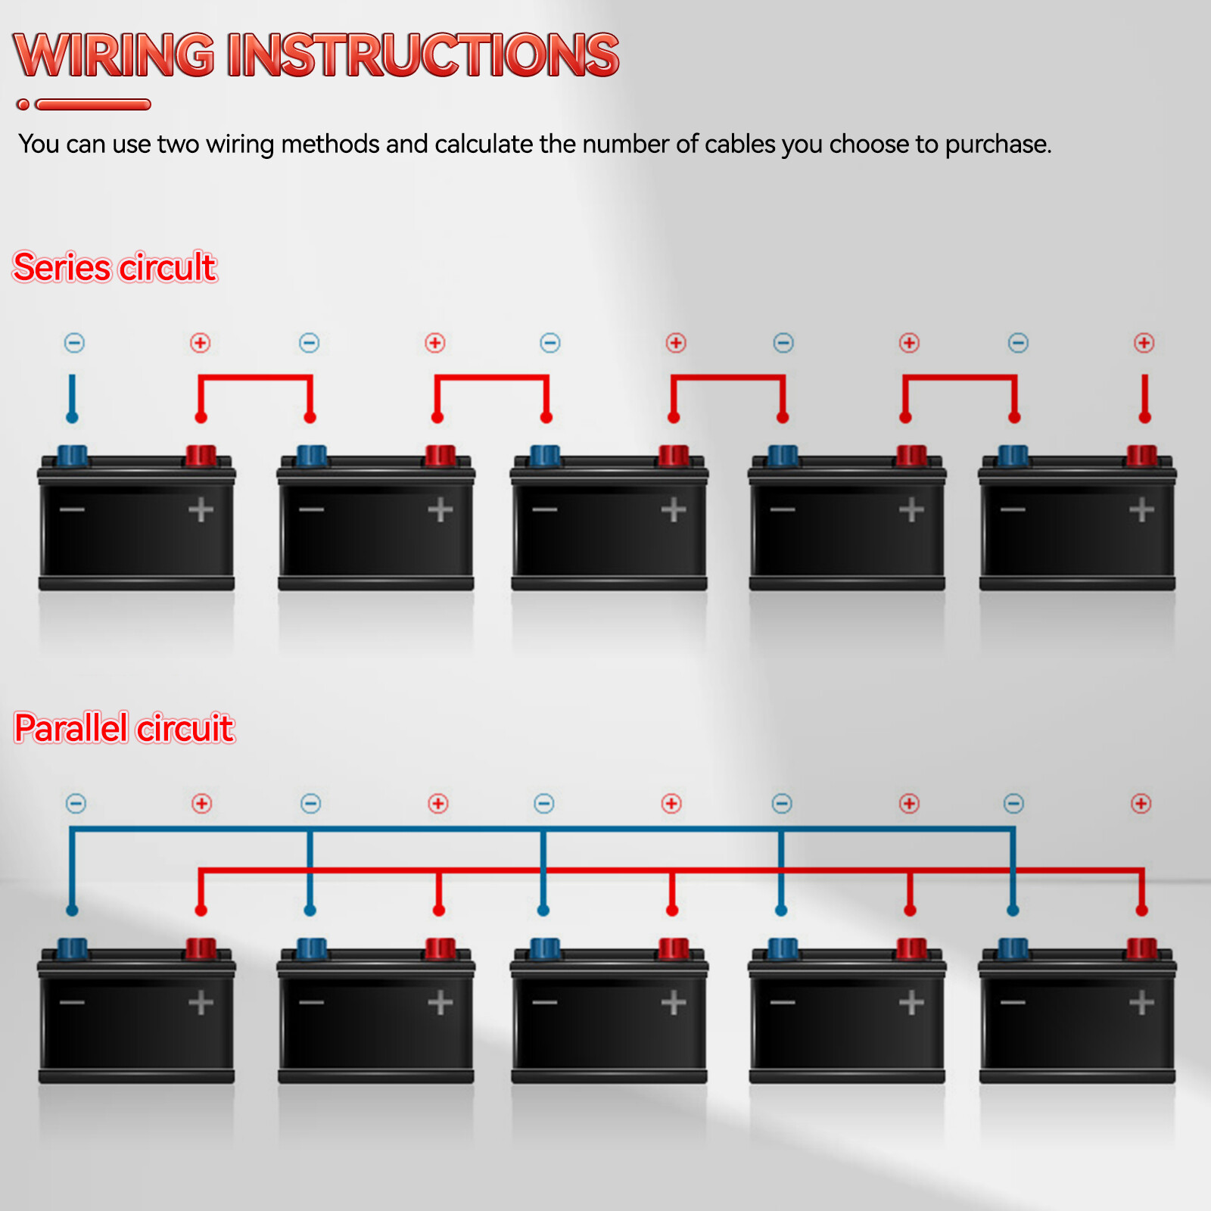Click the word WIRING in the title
point(114,55)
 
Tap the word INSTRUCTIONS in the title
point(423,55)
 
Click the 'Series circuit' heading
point(115,267)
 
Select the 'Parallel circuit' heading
point(124,728)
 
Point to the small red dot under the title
point(23,104)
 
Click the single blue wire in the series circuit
point(73,397)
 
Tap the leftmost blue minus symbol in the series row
point(74,343)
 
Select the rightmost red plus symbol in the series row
point(1144,343)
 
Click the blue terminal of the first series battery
point(73,456)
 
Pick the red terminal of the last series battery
point(1141,456)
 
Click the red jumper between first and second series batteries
point(255,376)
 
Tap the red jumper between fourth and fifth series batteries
point(960,376)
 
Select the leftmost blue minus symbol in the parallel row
point(76,803)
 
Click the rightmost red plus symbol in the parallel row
point(1141,803)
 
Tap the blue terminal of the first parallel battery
point(73,948)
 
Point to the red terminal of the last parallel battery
point(1141,948)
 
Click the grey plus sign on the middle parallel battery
point(673,1003)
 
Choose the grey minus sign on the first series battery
point(73,509)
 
